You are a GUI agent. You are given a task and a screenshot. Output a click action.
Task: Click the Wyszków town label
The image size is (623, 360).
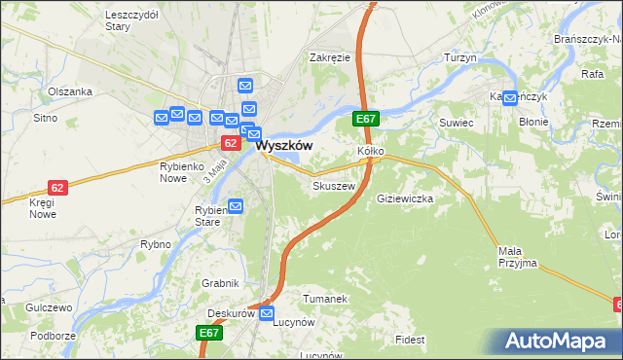click(x=284, y=144)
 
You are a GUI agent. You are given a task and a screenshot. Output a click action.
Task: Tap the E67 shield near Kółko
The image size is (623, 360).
click(x=365, y=119)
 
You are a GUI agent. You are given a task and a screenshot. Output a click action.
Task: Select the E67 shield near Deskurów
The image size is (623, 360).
click(x=210, y=333)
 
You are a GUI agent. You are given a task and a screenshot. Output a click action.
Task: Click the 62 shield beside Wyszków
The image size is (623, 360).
click(x=230, y=143)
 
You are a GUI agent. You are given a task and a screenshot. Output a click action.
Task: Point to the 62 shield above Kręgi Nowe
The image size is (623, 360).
click(x=57, y=187)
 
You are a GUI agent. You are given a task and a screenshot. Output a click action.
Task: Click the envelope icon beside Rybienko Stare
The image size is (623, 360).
click(x=235, y=206)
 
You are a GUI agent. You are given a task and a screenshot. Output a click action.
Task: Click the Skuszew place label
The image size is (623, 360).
click(x=331, y=185)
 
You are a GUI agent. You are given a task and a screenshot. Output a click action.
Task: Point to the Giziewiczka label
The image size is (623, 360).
click(x=404, y=198)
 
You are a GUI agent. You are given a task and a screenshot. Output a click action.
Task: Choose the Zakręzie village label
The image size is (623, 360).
click(x=330, y=57)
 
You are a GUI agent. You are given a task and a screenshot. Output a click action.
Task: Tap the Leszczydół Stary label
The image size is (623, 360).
click(x=130, y=21)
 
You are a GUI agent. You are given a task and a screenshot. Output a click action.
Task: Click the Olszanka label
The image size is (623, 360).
click(x=70, y=91)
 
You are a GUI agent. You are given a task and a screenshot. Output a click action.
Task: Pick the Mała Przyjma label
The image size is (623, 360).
click(x=517, y=257)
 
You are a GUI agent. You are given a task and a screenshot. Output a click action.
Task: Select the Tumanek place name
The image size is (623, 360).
click(x=325, y=299)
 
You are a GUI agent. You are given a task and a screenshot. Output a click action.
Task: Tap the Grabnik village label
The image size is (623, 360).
click(x=221, y=284)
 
